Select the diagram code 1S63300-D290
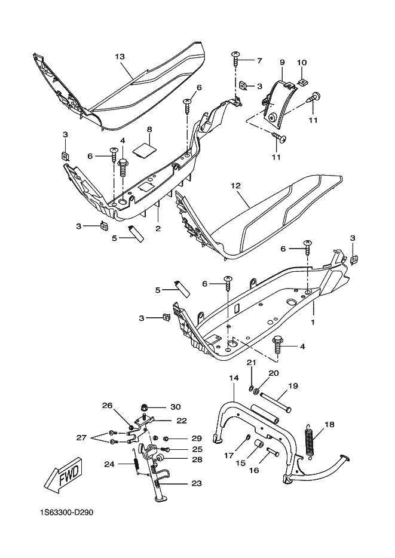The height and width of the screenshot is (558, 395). tap(67, 513)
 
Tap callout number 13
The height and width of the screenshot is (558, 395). tap(120, 56)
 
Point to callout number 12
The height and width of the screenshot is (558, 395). tap(235, 185)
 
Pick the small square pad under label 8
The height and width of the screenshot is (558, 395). tap(144, 150)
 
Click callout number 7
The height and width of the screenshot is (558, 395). tap(259, 61)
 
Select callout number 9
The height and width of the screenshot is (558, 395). tap(282, 63)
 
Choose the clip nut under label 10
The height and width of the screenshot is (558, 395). tap(303, 82)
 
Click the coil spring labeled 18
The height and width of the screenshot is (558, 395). tap(311, 440)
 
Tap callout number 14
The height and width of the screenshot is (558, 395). tap(234, 378)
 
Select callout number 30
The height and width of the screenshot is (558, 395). tap(176, 407)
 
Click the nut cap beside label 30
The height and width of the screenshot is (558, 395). tap(144, 407)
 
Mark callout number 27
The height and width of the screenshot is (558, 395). tap(81, 438)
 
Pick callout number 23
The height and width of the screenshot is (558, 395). tap(197, 483)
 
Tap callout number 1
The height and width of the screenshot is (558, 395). tap(313, 323)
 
